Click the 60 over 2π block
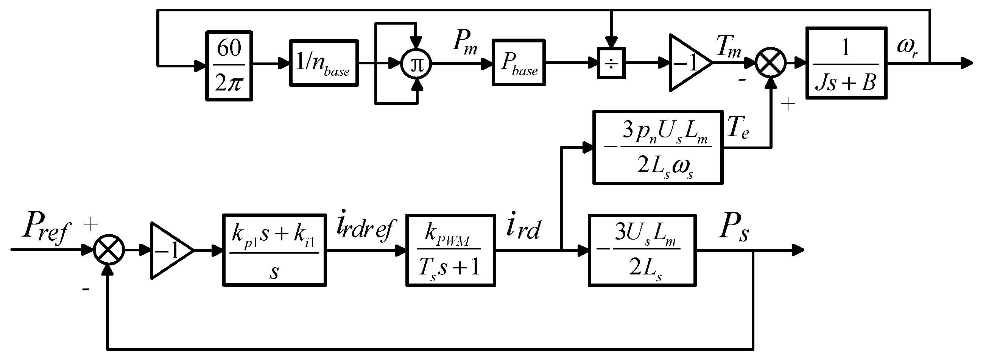tap(229, 65)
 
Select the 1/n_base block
tap(324, 62)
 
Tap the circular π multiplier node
tap(416, 64)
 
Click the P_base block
tap(518, 62)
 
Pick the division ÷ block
tap(611, 63)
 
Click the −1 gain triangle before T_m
tap(687, 63)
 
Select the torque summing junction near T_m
tap(771, 63)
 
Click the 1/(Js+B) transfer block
tap(846, 63)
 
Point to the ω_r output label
tap(907, 48)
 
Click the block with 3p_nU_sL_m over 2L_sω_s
tap(658, 147)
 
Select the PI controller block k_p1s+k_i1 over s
tap(274, 250)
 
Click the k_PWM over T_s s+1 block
tap(450, 250)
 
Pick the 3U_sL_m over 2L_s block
tap(642, 250)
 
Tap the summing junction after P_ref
tap(109, 250)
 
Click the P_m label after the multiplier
tap(464, 43)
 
